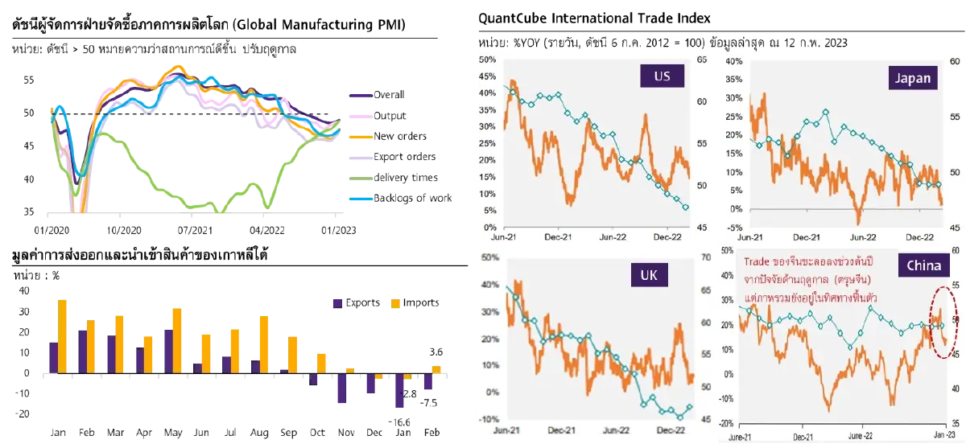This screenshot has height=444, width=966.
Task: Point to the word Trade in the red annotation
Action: tap(758, 261)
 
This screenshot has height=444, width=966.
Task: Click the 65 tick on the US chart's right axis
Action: tap(702, 60)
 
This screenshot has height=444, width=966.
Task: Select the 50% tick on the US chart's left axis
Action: tap(487, 60)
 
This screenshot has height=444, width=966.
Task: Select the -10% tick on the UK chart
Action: tap(486, 420)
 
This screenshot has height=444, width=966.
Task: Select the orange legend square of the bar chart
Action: tap(394, 303)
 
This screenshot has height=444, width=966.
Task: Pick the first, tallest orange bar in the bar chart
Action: tap(64, 335)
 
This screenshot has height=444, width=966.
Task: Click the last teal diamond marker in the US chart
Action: tap(686, 208)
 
